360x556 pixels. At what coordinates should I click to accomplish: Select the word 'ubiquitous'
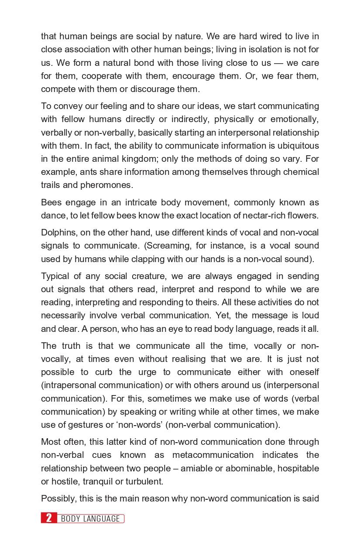tap(298, 146)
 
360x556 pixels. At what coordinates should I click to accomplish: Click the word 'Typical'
tap(56, 276)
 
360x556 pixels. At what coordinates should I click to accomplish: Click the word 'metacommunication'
tap(213, 455)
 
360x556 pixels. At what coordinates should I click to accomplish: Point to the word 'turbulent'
tap(143, 481)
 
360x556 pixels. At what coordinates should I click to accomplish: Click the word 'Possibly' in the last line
tap(57, 498)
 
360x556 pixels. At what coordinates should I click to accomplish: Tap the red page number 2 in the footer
tap(49, 518)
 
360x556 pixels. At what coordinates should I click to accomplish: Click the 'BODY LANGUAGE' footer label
tap(90, 518)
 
